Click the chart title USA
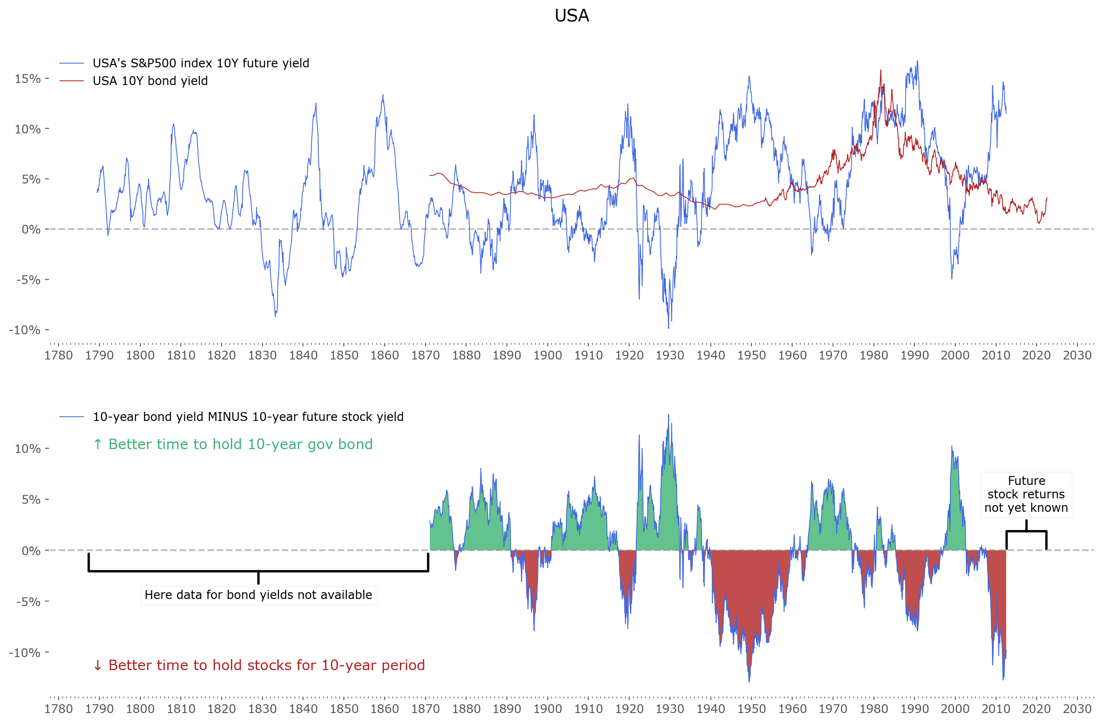tap(571, 16)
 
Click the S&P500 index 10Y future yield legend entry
tap(201, 63)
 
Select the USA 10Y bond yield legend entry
tap(150, 81)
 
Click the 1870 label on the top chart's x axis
tap(425, 356)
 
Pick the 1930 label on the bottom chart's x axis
tap(670, 709)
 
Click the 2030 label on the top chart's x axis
tap(1077, 356)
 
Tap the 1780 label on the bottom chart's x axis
tap(59, 709)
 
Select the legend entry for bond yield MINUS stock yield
tap(248, 417)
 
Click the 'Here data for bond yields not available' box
tap(258, 595)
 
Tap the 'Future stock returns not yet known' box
tap(1026, 494)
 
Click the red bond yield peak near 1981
tap(881, 70)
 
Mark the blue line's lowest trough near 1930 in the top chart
tap(668, 328)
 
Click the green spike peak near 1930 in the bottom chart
tap(668, 415)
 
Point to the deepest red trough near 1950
tap(749, 681)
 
